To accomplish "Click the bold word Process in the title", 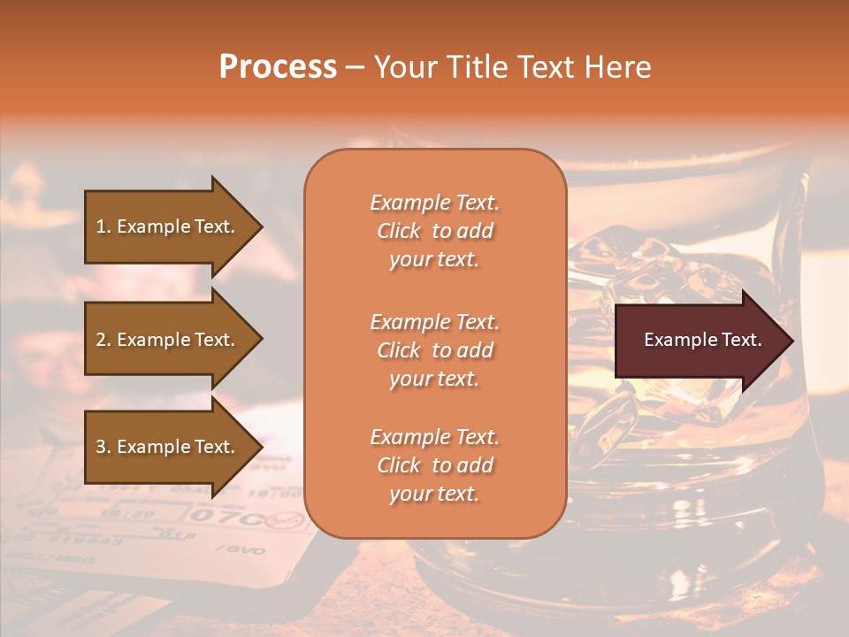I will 278,67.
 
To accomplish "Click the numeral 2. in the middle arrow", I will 103,340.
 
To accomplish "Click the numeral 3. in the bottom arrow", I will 103,447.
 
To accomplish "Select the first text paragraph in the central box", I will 434,231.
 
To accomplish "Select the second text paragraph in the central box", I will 434,350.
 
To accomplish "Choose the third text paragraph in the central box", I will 434,465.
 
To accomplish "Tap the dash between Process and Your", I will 356,67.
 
